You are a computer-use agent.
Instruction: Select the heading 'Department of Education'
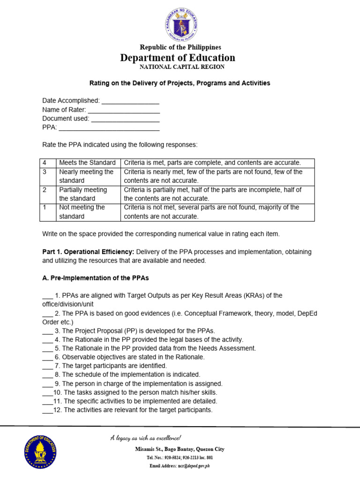pos(178,58)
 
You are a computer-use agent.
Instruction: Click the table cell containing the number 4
pos(48,163)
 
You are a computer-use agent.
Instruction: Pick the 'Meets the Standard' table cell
pos(88,163)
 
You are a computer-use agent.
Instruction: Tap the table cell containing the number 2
pos(48,194)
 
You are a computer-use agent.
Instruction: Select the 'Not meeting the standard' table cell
pos(88,212)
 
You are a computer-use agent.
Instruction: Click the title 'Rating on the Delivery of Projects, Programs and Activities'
pos(180,83)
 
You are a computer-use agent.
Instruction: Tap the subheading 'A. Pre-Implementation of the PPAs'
pos(95,278)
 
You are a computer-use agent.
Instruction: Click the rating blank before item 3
pos(47,331)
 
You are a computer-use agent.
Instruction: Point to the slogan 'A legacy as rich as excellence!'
pos(145,438)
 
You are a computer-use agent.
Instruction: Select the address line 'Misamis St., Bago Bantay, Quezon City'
pos(180,449)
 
